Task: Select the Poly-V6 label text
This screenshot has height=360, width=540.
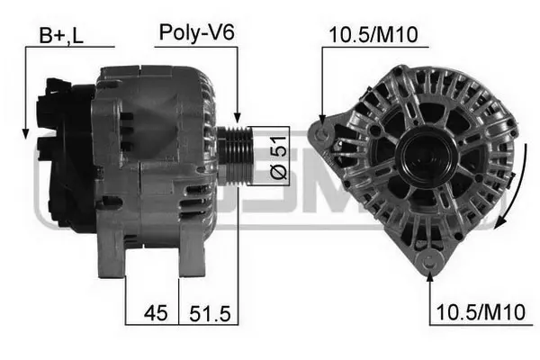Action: pos(196,32)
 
